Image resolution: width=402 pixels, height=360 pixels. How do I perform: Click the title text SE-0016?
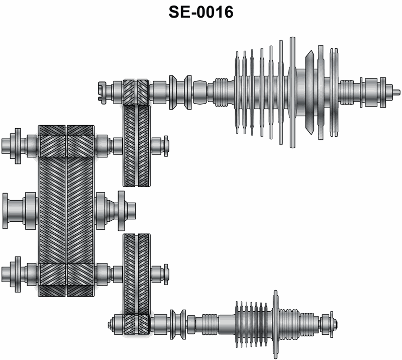[x=201, y=12]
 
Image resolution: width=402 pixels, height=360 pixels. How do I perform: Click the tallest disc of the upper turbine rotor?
[x=292, y=93]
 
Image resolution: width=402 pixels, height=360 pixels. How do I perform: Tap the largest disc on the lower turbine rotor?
[x=275, y=324]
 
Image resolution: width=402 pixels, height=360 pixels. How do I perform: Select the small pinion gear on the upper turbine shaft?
[x=136, y=93]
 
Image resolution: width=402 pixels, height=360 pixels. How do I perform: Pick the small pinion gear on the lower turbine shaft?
[x=136, y=325]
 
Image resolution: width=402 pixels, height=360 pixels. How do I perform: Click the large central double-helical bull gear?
[x=66, y=211]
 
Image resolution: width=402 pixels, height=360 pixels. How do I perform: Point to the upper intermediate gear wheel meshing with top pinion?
[x=136, y=145]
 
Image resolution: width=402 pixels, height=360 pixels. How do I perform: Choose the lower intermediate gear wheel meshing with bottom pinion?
[x=136, y=275]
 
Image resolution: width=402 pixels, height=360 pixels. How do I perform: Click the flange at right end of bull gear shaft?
[x=121, y=211]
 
